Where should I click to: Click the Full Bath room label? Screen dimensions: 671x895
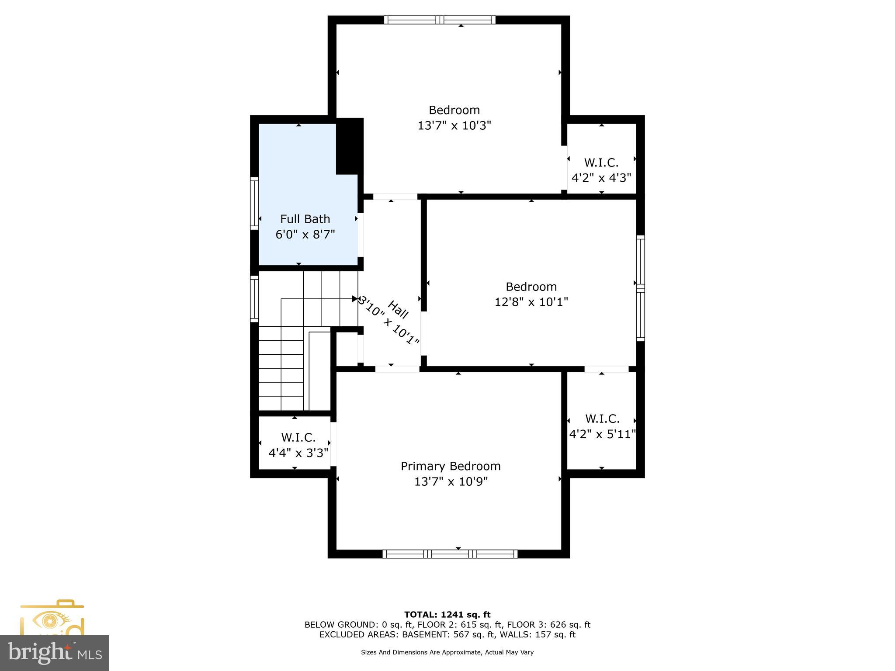point(305,219)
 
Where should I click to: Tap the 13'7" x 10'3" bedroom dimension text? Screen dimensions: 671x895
point(454,126)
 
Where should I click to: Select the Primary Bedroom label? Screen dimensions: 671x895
point(451,466)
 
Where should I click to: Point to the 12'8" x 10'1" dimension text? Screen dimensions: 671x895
point(531,302)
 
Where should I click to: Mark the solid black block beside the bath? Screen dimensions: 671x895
point(349,146)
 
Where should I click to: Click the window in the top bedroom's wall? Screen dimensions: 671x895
point(440,20)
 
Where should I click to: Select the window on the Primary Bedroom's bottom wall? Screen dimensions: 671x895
point(450,554)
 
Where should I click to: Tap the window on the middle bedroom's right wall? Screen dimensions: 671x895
point(640,288)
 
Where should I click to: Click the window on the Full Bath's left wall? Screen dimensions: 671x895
point(254,203)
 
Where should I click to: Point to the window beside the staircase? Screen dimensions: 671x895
point(254,298)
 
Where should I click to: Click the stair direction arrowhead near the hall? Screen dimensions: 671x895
point(354,299)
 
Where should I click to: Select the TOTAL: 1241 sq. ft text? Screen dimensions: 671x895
point(447,615)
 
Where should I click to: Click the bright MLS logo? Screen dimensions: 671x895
point(54,653)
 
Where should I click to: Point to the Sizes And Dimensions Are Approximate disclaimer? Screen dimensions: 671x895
point(447,652)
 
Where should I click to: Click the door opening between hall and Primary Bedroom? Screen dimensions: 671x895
point(397,369)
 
